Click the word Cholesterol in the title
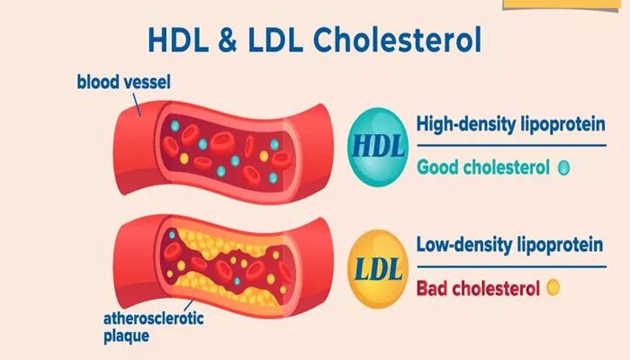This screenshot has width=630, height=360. coord(397,40)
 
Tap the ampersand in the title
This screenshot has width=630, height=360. coord(229,40)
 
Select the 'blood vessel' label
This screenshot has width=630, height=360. coord(124,82)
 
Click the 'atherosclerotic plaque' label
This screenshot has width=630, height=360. coord(154,327)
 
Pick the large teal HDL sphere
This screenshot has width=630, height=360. coord(378,147)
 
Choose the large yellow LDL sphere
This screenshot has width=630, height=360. coord(378,269)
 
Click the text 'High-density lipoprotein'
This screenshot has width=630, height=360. coord(510,124)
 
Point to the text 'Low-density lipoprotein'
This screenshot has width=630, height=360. coord(509,245)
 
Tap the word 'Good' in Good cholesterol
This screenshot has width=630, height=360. coord(436,167)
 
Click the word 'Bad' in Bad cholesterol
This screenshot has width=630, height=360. coord(433,288)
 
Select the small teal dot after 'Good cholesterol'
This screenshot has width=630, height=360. coord(563,167)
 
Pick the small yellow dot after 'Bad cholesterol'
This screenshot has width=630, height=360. coord(553,288)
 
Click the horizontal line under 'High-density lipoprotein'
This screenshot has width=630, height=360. coord(511,146)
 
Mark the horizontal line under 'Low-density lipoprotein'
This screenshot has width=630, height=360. coord(511,266)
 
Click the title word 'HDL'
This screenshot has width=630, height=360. coord(178,40)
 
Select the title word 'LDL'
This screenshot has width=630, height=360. coord(275,40)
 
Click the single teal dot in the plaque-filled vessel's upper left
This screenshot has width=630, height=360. coord(173,234)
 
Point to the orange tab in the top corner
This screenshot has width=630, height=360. coord(562,4)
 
